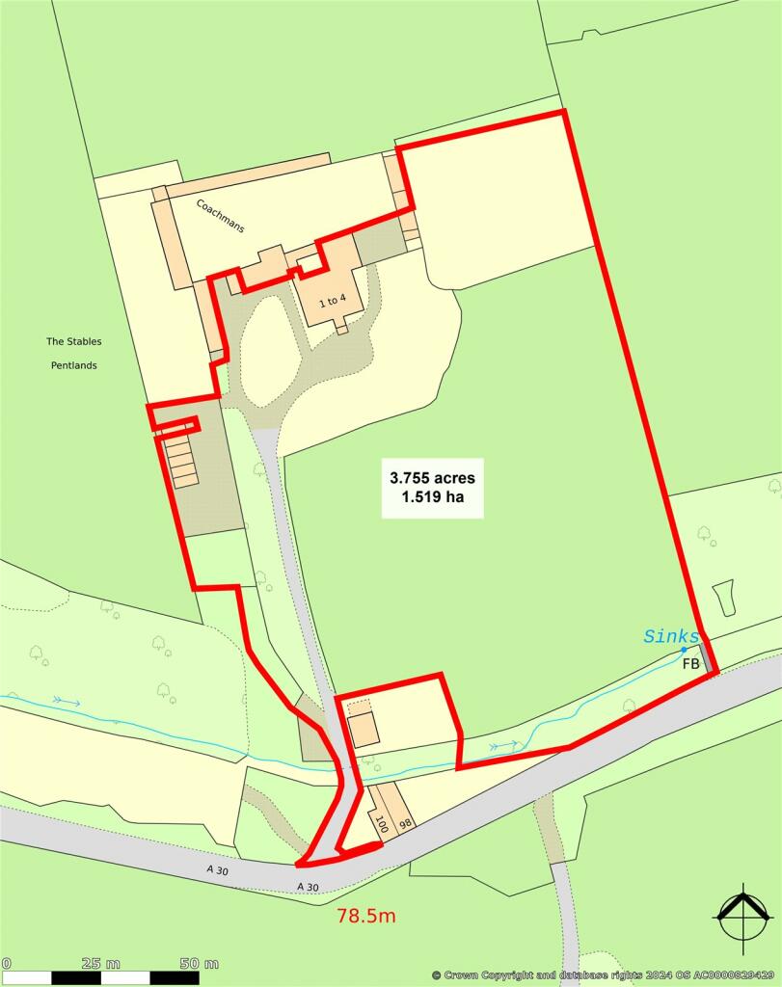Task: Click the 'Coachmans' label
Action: [x=221, y=216]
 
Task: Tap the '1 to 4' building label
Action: [x=331, y=301]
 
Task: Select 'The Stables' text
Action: [x=73, y=341]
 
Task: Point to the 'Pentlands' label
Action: [x=73, y=365]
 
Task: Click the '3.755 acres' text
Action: [x=432, y=477]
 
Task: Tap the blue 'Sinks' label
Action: [x=671, y=636]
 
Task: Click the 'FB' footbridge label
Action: [x=690, y=664]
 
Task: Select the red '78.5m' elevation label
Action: [x=366, y=916]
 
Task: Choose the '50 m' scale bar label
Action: [x=199, y=964]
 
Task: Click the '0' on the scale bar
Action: [x=6, y=964]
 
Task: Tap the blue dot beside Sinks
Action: [x=684, y=650]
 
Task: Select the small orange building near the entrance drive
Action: [x=364, y=731]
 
